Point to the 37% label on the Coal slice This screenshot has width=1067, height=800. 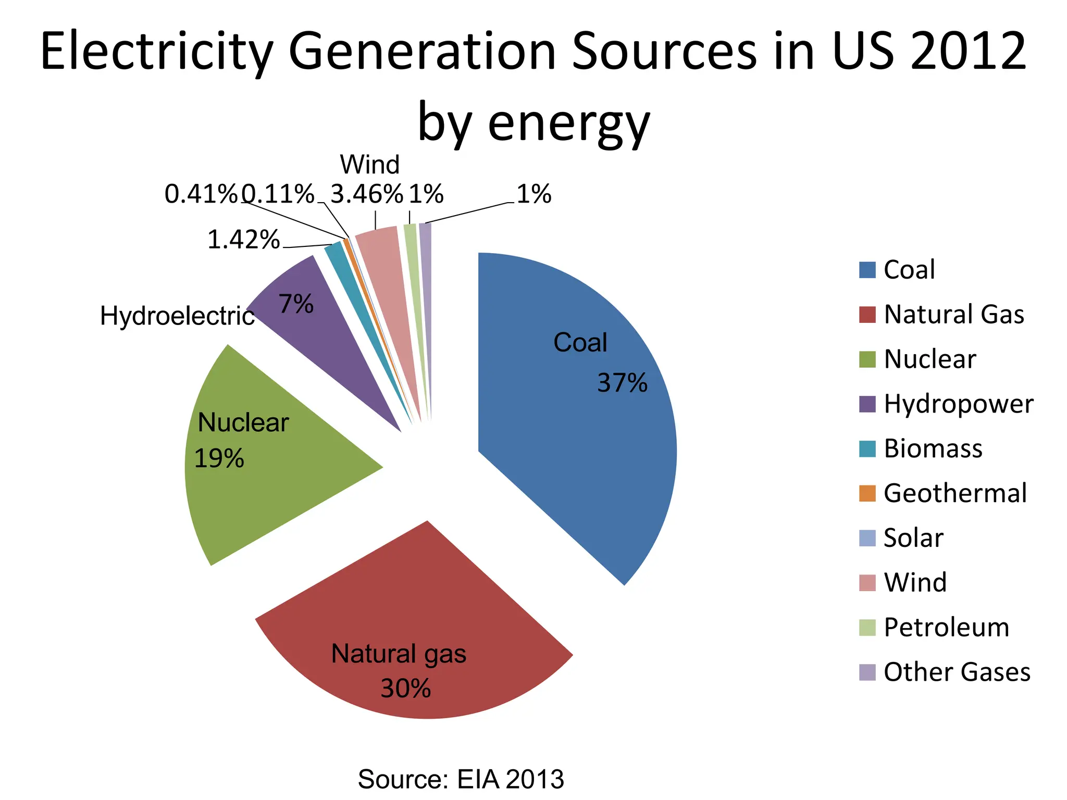click(622, 383)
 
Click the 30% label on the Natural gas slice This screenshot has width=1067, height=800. click(406, 689)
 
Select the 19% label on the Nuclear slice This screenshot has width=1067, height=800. click(219, 459)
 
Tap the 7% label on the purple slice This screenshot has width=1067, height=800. click(296, 304)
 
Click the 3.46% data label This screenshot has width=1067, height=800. click(367, 194)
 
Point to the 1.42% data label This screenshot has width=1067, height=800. click(243, 240)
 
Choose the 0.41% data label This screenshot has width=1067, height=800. click(201, 194)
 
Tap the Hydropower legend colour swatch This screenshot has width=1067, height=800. click(867, 404)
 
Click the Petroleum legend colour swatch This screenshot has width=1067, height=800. click(867, 628)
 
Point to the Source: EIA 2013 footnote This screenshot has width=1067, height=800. click(461, 779)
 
